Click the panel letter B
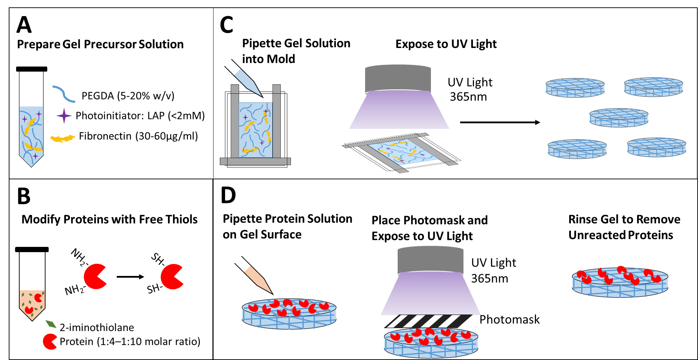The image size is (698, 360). tap(24, 196)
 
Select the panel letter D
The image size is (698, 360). tap(228, 195)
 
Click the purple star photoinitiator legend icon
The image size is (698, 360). tap(64, 116)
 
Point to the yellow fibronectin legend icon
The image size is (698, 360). tap(63, 138)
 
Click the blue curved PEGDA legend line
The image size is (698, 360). tap(64, 94)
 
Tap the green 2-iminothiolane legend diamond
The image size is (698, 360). tap(51, 324)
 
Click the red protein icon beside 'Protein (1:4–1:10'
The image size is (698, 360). tap(50, 341)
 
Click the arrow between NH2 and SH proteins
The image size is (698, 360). tap(130, 277)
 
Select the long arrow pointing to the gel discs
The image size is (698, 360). tap(500, 122)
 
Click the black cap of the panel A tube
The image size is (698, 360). tap(32, 69)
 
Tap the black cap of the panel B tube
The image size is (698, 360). tap(32, 249)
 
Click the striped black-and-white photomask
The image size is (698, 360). tap(428, 321)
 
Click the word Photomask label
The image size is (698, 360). tap(509, 319)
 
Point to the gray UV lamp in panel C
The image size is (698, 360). tap(398, 78)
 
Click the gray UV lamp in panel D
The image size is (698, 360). tap(431, 260)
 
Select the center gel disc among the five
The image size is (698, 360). tap(619, 118)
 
